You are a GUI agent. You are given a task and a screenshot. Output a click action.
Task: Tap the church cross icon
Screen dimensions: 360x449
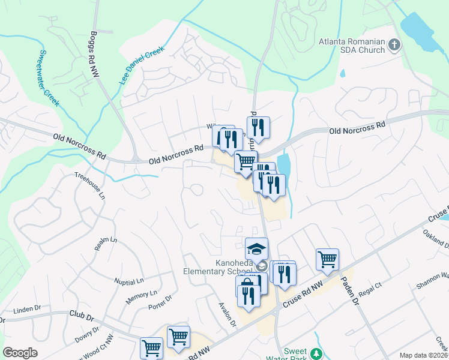coord(394,44)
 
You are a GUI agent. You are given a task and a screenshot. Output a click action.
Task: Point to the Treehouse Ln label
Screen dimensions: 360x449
coord(89,186)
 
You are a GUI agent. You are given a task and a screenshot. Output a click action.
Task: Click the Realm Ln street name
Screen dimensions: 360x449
coord(105,243)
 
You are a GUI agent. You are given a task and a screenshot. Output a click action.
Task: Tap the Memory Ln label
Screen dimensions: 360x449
coord(141,296)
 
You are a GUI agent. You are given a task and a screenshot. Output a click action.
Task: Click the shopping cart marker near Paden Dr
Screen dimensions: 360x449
coord(327,259)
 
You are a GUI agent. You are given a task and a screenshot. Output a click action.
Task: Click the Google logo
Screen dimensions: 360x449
coord(20,353)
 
